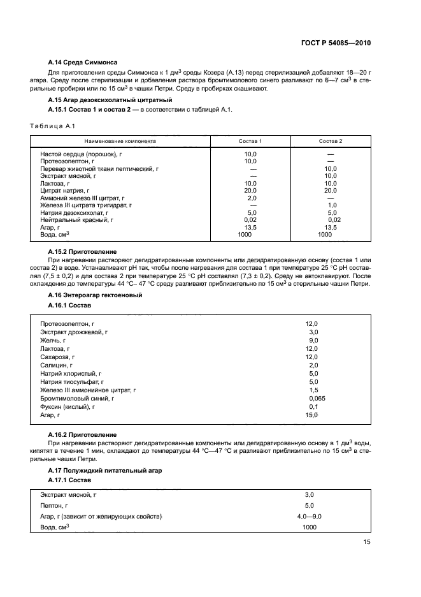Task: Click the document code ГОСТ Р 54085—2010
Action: [336, 43]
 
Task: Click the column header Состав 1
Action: [250, 140]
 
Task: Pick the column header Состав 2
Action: [331, 140]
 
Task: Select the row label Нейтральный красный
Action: [76, 219]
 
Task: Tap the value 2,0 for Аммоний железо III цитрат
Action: [251, 198]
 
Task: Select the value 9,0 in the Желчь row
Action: [313, 341]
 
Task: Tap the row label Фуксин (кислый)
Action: [68, 406]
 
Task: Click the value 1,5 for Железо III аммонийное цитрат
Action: [313, 390]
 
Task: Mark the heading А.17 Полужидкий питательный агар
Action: [105, 469]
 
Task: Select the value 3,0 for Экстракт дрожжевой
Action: [313, 332]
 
